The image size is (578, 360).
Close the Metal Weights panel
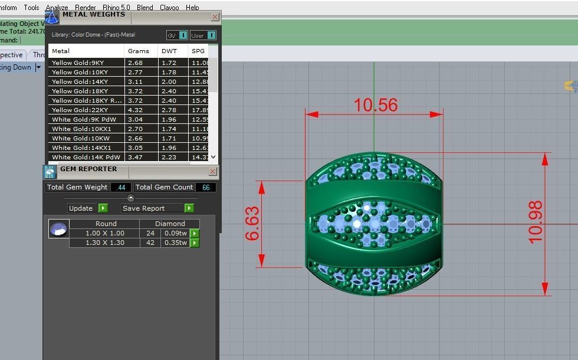coord(215,17)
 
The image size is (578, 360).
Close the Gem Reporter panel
coord(213,171)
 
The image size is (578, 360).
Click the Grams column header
coord(139,51)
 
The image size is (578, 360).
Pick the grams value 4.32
coord(135,110)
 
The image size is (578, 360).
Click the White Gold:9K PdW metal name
coord(84,119)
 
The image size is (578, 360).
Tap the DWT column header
coord(169,51)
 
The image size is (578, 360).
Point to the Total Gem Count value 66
coord(206,187)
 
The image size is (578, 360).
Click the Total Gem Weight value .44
coord(121,187)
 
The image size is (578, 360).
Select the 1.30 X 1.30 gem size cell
coord(104,243)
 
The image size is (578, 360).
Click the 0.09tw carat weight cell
coord(175,233)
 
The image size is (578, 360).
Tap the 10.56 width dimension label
coord(375,105)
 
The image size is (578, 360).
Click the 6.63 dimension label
coord(252,223)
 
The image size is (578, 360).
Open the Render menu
coord(86,8)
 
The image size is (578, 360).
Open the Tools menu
coord(31,8)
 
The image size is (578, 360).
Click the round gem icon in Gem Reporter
coord(58,229)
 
